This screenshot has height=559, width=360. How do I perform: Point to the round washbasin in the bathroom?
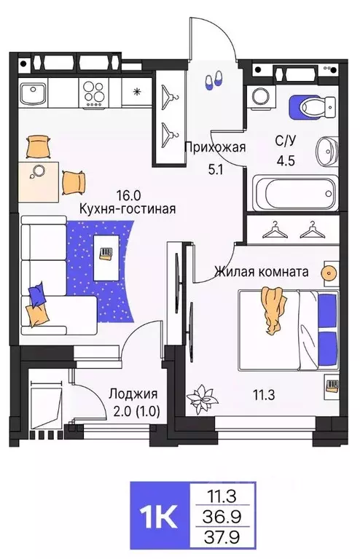coord(328,152)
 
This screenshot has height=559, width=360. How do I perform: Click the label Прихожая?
coord(214,146)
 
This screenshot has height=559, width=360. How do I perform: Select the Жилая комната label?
coord(261,272)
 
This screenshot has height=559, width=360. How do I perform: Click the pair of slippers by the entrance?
coord(214,81)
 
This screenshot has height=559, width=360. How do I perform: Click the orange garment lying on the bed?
coord(272,309)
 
